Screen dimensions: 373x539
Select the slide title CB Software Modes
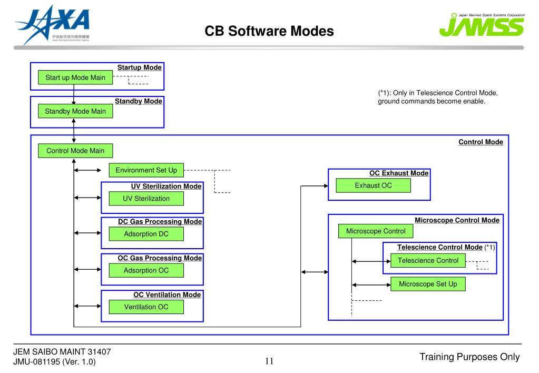click(x=269, y=32)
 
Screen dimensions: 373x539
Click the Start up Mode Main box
click(x=75, y=78)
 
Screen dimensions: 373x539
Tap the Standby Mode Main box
click(x=75, y=111)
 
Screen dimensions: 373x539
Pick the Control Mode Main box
click(x=75, y=151)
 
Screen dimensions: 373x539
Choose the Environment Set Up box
click(x=146, y=170)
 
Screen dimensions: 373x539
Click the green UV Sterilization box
click(x=146, y=199)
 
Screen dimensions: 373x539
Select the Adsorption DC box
click(x=146, y=234)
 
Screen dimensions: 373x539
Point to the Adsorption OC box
click(x=146, y=270)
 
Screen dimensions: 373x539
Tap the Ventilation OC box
click(x=146, y=307)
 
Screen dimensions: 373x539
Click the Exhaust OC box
click(x=373, y=185)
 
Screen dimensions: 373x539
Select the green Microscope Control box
click(x=376, y=231)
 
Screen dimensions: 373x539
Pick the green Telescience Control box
click(x=428, y=260)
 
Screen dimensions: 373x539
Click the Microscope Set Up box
click(x=428, y=284)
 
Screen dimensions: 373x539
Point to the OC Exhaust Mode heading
click(x=399, y=173)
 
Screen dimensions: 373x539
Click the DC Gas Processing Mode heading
click(x=160, y=222)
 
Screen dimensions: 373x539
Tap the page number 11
click(x=269, y=361)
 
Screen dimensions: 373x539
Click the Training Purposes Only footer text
click(x=469, y=357)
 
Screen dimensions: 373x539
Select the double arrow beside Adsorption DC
click(x=87, y=232)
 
